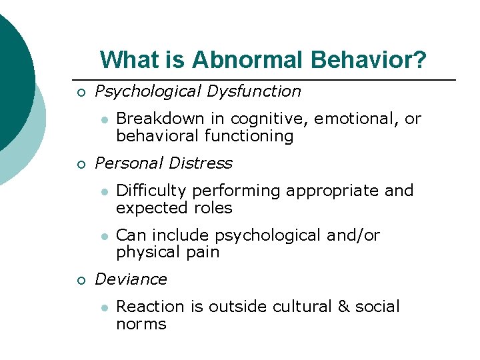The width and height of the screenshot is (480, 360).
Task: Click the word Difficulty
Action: pos(151,191)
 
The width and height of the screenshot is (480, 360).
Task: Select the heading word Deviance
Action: pos(131,279)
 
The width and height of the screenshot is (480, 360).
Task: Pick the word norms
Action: pos(141,324)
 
